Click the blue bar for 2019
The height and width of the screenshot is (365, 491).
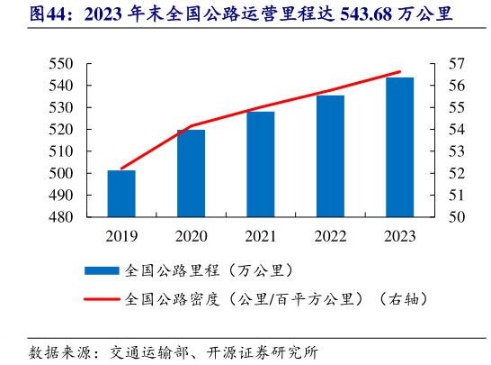pos(121,194)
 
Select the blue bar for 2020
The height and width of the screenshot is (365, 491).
pos(191,173)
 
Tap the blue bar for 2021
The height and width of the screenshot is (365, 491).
pos(261,164)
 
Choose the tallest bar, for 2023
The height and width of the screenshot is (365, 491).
pos(400,147)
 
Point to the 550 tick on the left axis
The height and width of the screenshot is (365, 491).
pos(60,64)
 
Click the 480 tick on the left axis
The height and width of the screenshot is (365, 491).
pos(60,217)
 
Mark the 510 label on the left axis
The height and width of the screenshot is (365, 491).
pos(60,151)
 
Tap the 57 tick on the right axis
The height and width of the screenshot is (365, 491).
pos(456,64)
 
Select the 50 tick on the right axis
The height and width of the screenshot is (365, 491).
pos(456,217)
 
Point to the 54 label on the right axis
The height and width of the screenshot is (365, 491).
pos(456,130)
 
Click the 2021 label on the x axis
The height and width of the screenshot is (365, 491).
pos(261,237)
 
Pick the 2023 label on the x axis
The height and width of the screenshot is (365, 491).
pos(400,237)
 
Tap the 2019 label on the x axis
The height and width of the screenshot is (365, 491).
pos(121,237)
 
